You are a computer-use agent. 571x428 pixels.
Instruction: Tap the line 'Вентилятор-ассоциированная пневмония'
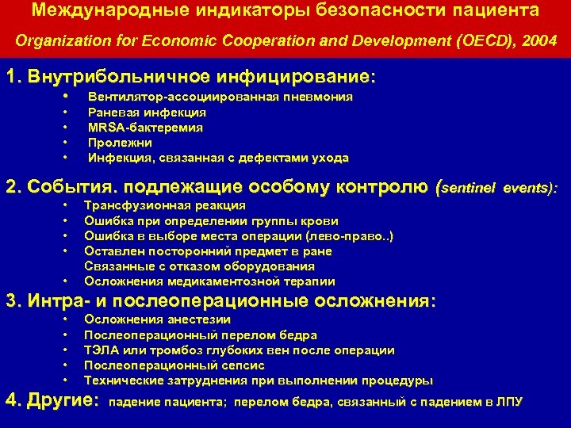220,97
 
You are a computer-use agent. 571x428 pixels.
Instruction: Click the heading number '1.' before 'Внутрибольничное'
13,77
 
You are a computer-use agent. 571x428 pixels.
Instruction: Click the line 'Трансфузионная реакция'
164,205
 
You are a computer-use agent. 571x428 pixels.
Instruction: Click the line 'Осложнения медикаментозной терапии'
209,281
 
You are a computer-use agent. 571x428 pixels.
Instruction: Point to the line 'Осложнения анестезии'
157,319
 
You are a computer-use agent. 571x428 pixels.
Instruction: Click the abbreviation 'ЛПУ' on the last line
509,402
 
